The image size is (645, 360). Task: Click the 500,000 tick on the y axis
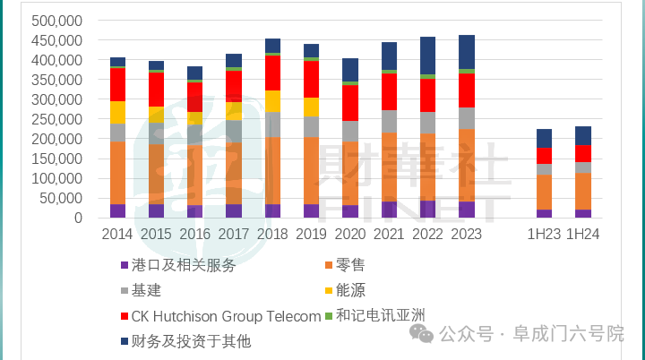(x=57, y=21)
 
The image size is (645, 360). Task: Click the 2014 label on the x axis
(x=117, y=235)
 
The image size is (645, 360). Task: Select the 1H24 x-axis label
(x=582, y=235)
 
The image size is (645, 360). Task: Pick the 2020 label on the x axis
(x=350, y=235)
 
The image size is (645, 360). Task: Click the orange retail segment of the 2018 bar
(x=272, y=170)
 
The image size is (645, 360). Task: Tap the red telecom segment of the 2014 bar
(x=117, y=84)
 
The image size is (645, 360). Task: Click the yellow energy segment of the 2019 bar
(x=312, y=107)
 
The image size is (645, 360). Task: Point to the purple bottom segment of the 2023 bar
(x=467, y=210)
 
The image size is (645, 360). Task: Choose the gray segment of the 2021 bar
(x=389, y=121)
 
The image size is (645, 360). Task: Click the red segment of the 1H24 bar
(x=582, y=153)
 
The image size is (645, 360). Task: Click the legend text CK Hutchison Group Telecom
(x=226, y=315)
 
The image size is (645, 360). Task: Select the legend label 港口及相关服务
(x=184, y=265)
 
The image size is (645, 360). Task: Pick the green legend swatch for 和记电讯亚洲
(x=328, y=315)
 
